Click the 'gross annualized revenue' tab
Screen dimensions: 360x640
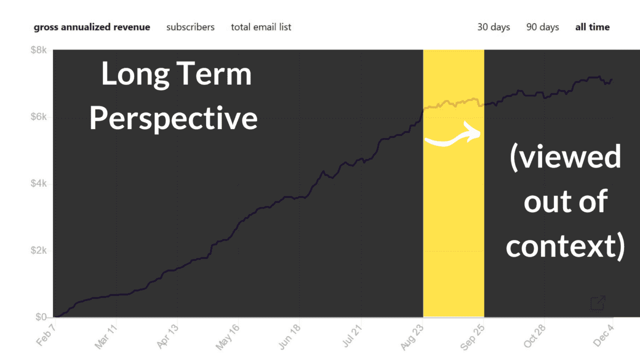pos(92,27)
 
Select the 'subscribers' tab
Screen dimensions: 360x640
pos(190,27)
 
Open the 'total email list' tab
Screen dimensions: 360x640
pos(261,27)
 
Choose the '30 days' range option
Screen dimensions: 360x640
pos(493,27)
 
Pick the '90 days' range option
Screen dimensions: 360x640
pos(542,27)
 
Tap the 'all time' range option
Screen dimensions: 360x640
pos(592,27)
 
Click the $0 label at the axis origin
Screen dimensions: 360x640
pos(41,316)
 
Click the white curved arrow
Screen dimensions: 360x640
pos(452,136)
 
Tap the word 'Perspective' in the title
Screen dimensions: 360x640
pos(173,118)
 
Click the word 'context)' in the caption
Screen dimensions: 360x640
pos(565,246)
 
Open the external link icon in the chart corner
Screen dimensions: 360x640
pos(598,302)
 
